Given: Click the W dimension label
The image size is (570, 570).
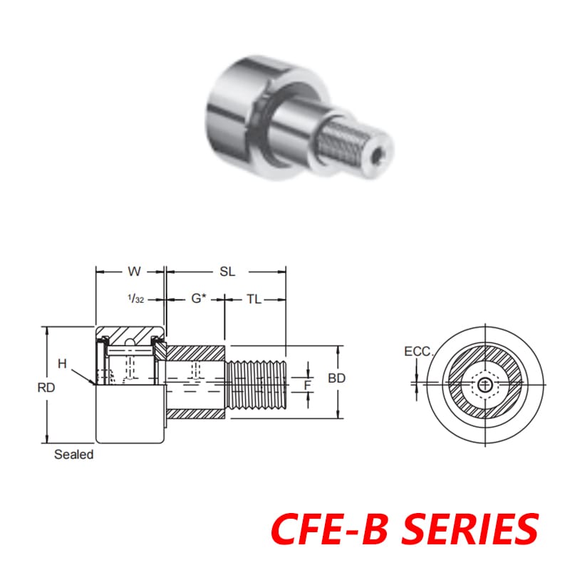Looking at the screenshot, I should pos(133,271).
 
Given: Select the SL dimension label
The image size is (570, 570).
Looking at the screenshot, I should pos(227,271).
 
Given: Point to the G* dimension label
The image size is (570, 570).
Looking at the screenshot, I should pos(198,299).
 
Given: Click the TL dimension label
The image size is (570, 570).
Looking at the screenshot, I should pos(254,299).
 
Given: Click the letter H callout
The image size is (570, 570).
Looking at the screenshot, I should pos(62,363).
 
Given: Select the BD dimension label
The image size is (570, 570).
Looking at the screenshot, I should pos(336,378).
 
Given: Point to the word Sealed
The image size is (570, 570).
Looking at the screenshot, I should pos(73,455).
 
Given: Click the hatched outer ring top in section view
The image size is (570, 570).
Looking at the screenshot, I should pos(131,335).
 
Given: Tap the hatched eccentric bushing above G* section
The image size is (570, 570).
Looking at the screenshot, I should pos(196,353).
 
